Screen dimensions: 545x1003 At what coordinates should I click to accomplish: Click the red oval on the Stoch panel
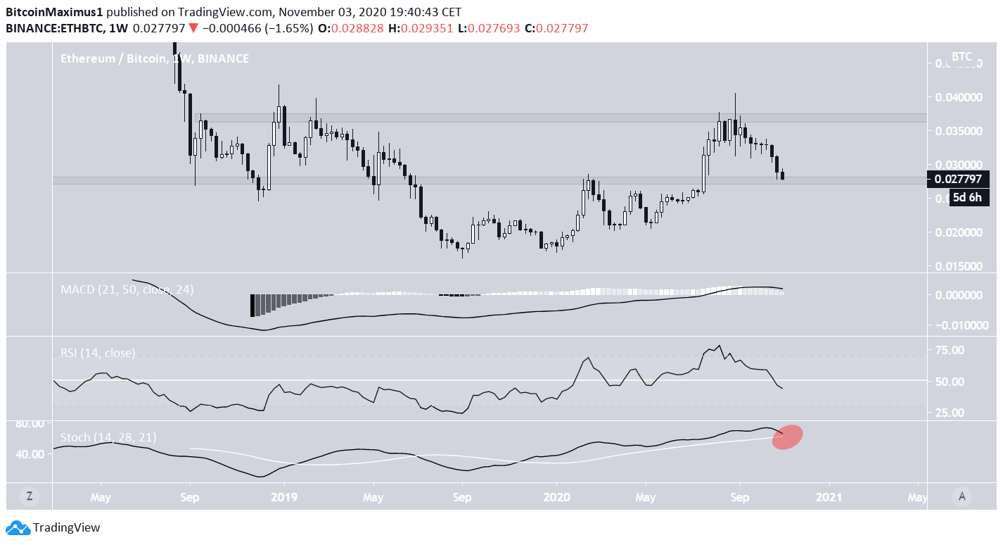tap(788, 437)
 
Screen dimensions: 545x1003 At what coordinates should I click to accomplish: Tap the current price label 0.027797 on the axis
tap(959, 179)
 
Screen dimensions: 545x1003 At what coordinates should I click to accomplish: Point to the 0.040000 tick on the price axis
tap(959, 97)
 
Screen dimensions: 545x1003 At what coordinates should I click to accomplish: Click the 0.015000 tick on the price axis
tap(959, 266)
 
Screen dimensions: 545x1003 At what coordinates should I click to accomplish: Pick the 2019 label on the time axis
tap(284, 497)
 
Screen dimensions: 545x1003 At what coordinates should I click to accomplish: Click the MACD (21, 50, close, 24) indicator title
tap(127, 289)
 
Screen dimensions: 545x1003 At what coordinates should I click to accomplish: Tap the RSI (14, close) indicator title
tap(98, 353)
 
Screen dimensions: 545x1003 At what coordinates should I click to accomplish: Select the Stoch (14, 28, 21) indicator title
tap(108, 437)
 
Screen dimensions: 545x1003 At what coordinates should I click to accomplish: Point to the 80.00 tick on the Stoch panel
tap(29, 423)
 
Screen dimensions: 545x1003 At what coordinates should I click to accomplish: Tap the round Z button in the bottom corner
tap(30, 496)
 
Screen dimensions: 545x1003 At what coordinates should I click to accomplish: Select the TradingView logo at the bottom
tap(53, 527)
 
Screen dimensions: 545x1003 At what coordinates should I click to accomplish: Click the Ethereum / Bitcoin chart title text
tap(154, 58)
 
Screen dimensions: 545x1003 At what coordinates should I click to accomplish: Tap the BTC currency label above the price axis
tap(961, 56)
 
